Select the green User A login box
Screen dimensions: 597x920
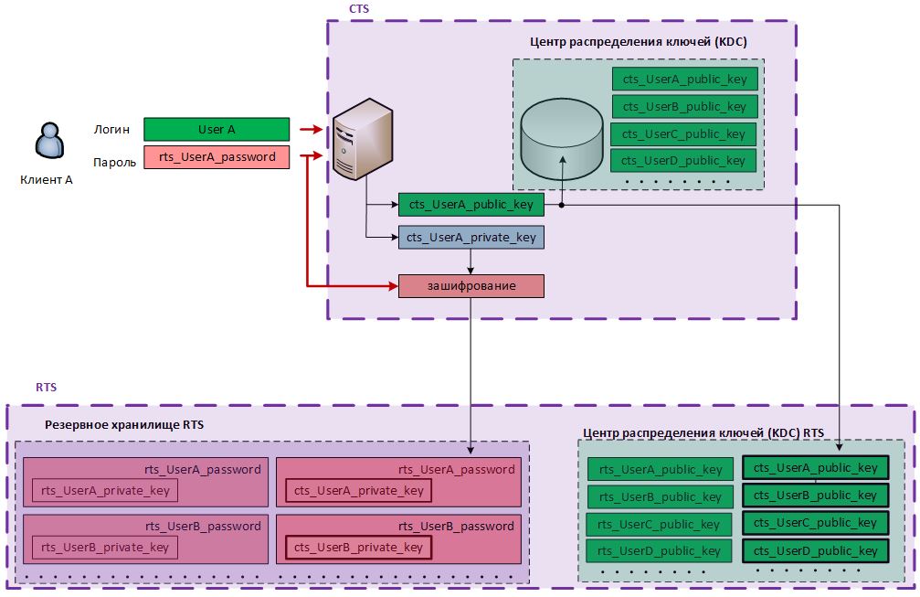217,130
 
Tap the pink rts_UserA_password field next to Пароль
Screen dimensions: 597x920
217,157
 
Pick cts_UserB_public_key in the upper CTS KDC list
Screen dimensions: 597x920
684,107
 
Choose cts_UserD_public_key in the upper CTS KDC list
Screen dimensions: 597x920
684,161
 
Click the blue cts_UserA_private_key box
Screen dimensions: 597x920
471,238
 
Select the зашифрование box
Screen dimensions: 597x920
471,285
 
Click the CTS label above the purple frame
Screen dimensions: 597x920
359,8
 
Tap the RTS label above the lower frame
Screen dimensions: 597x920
47,388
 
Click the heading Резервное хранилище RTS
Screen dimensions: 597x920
124,424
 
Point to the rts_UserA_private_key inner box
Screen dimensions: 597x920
106,491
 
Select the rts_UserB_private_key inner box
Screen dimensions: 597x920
106,548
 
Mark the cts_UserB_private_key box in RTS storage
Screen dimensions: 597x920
359,548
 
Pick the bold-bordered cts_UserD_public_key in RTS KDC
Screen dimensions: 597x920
815,550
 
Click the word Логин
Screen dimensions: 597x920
111,130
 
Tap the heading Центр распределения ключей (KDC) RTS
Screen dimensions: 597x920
703,432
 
